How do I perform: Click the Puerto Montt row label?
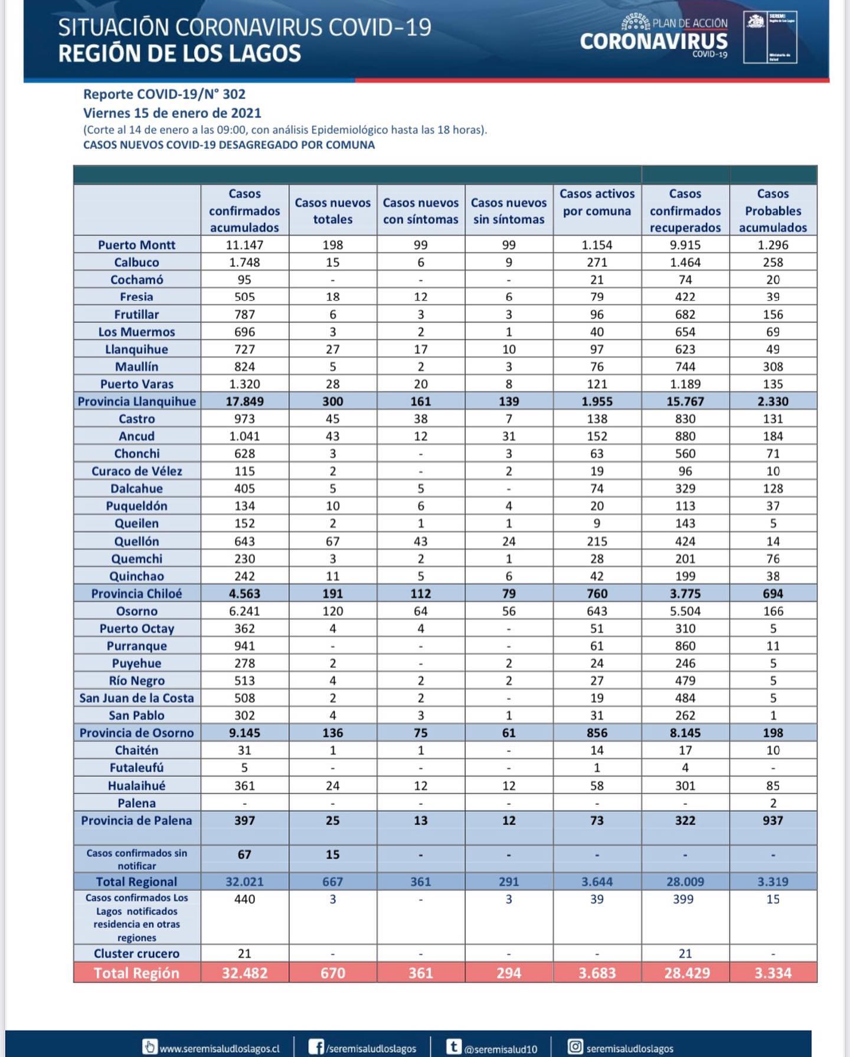coord(136,244)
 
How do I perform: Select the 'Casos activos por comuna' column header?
coord(597,202)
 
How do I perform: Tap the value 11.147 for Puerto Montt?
coord(244,244)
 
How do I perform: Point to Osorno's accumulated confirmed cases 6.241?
coord(244,611)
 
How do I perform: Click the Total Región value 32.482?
coord(244,973)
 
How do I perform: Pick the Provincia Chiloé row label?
coord(136,593)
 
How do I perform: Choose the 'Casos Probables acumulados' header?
coord(773,210)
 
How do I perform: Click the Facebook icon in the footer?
coord(316,1047)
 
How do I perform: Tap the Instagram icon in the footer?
coord(574,1047)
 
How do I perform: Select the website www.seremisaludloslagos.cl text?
coord(219,1049)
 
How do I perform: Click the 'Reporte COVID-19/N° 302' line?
coord(164,94)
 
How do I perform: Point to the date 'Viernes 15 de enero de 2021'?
coord(172,113)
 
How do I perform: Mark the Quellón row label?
coord(136,541)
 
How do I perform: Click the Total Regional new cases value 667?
coord(332,882)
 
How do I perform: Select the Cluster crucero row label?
coord(136,953)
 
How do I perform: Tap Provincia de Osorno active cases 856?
coord(597,733)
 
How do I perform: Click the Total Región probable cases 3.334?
coord(773,973)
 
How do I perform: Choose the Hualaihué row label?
coord(136,785)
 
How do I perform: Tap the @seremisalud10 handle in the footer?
coord(500,1049)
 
